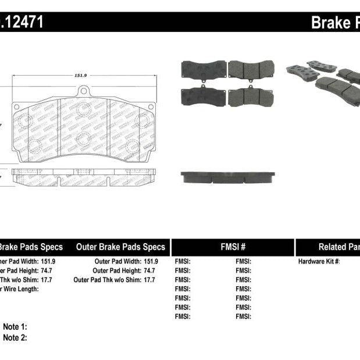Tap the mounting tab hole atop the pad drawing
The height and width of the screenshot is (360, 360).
pos(84,91)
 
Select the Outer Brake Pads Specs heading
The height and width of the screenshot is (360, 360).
pos(120,247)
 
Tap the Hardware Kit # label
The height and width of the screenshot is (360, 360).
pos(319,262)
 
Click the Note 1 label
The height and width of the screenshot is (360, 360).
pos(15,327)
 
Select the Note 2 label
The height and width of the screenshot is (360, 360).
pos(15,337)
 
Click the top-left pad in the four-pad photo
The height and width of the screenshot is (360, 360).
pos(204,69)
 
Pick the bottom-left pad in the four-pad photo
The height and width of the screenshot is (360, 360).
pos(204,96)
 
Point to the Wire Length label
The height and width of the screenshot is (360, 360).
pos(20,289)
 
